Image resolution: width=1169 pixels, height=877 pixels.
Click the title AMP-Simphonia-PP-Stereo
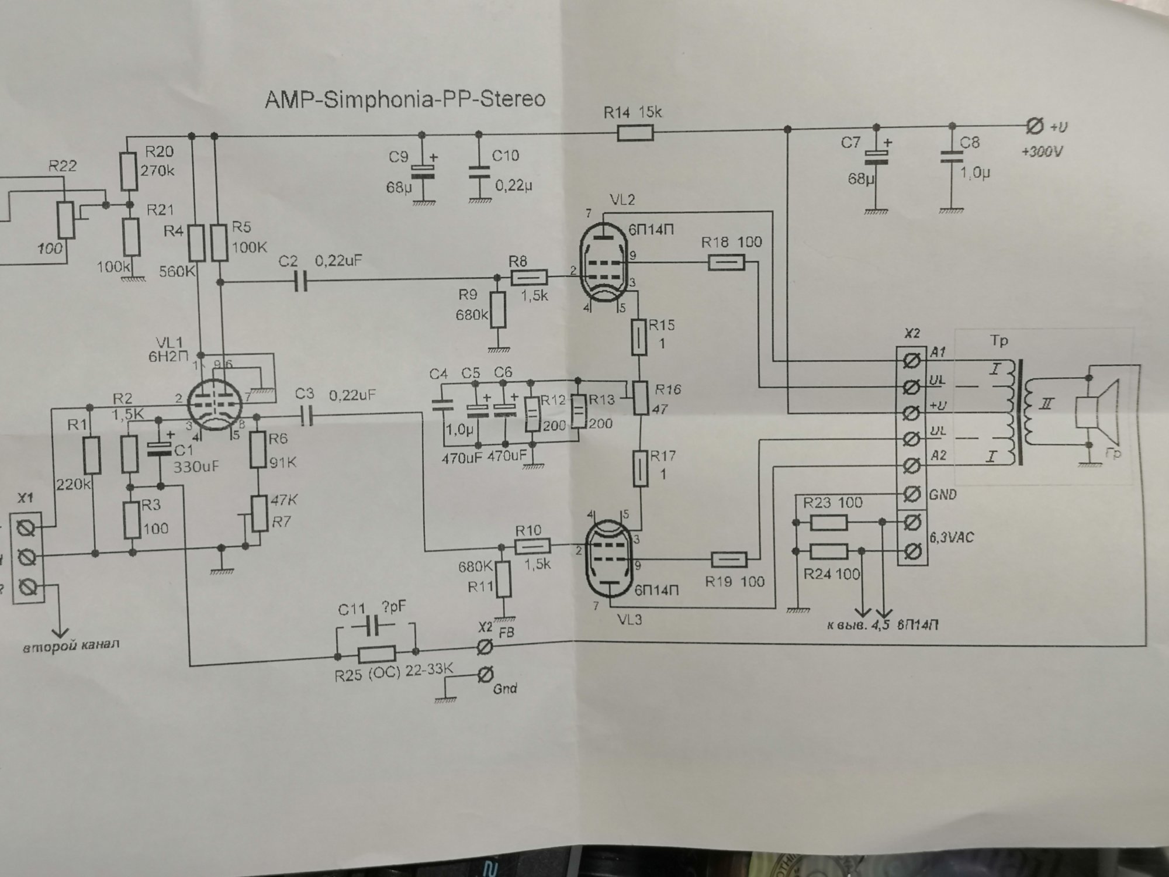pyautogui.click(x=405, y=99)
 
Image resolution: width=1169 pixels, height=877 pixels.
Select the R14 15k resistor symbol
pyautogui.click(x=635, y=134)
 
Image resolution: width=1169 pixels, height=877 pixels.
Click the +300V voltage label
pyautogui.click(x=1042, y=152)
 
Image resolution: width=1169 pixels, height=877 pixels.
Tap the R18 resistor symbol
pyautogui.click(x=727, y=263)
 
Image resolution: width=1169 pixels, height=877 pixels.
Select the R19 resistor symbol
pyautogui.click(x=729, y=560)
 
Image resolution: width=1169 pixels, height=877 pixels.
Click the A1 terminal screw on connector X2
pyautogui.click(x=909, y=362)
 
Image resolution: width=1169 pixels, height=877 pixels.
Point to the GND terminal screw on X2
pyautogui.click(x=909, y=494)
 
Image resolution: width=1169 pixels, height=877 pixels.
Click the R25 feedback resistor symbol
pyautogui.click(x=376, y=653)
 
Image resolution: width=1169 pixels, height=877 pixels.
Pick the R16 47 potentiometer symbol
pyautogui.click(x=642, y=398)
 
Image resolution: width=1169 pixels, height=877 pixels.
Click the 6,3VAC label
pyautogui.click(x=952, y=537)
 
